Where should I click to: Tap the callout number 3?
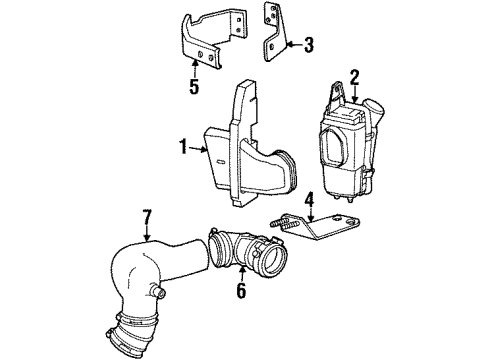click(x=308, y=43)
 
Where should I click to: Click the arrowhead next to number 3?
click(x=287, y=43)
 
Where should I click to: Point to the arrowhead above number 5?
click(x=194, y=66)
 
